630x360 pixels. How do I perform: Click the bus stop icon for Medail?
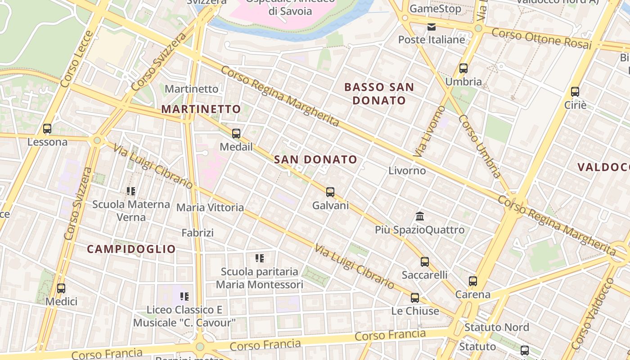click(x=236, y=134)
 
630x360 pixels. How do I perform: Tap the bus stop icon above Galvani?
click(x=330, y=192)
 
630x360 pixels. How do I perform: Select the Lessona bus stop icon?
click(x=47, y=129)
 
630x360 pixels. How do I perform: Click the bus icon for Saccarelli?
click(x=425, y=262)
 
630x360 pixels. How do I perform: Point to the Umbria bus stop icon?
click(x=463, y=69)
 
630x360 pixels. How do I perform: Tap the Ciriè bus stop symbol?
click(x=575, y=92)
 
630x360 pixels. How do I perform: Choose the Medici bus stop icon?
click(x=61, y=288)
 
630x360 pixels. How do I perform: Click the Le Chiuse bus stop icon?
click(x=415, y=298)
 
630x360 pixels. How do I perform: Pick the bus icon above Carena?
click(x=473, y=281)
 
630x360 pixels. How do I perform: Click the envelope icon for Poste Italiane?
click(x=432, y=27)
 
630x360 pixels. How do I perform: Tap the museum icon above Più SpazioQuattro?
click(x=420, y=216)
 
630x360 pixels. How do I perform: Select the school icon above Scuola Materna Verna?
click(x=131, y=191)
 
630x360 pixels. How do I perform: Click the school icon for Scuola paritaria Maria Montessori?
click(x=260, y=258)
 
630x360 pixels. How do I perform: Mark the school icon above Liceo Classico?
click(x=184, y=297)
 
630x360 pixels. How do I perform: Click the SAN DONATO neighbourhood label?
click(x=315, y=159)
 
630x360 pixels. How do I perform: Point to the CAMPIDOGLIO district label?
click(x=131, y=249)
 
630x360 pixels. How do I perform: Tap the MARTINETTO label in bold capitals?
click(x=201, y=109)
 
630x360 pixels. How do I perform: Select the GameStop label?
click(x=435, y=9)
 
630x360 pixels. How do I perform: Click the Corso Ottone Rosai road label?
click(x=541, y=38)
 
